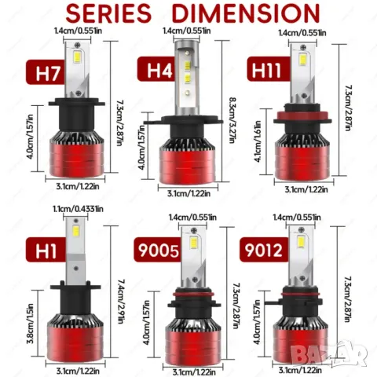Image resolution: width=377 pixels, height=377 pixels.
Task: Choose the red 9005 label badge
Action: pos(159,250)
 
